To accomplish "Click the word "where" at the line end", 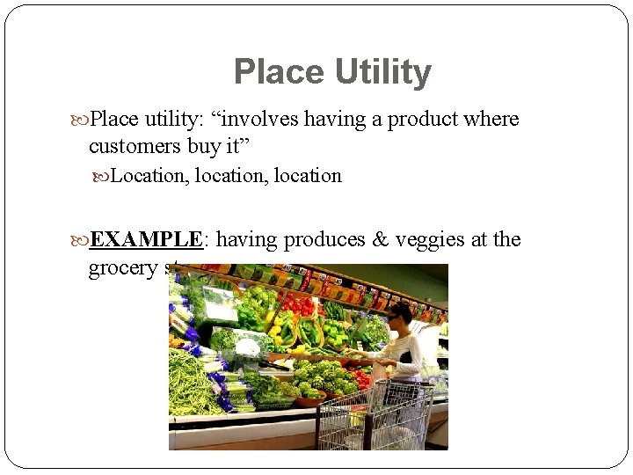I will tap(493, 119).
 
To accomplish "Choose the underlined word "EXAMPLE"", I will tap(147, 239).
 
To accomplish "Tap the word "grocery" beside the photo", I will tap(123, 268).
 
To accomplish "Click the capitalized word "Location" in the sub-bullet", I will tap(147, 176).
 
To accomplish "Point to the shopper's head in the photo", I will tap(400, 315).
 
